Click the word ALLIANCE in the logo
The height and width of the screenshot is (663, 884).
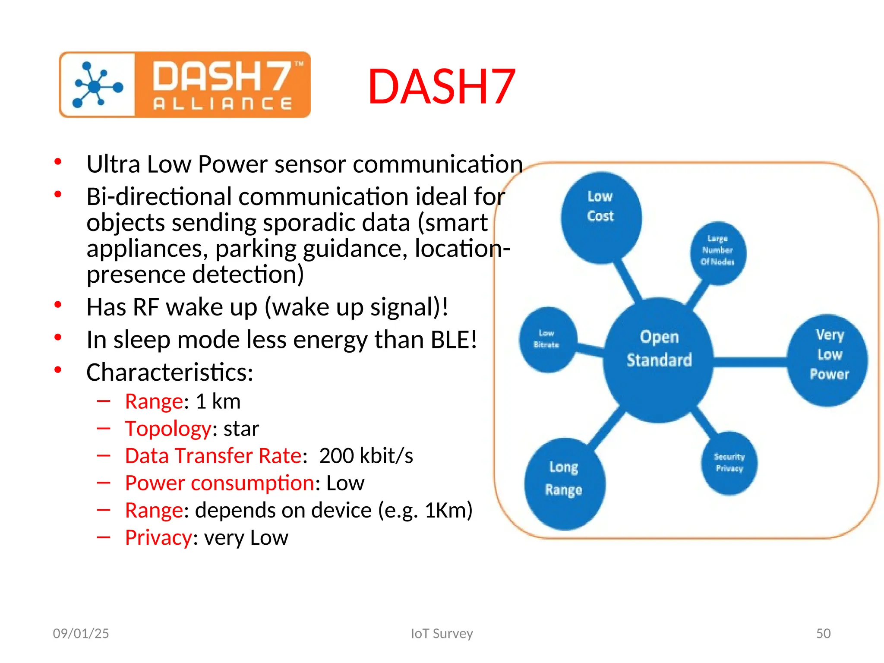point(223,104)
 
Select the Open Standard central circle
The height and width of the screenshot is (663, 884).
point(659,359)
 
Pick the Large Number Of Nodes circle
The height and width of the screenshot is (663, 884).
point(717,253)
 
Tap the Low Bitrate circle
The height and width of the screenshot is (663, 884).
point(546,340)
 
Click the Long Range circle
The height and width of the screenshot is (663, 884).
point(564,483)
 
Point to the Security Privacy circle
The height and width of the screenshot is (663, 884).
point(729,463)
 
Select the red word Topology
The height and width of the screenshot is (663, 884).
point(168,429)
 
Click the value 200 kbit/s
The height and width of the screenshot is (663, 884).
point(366,456)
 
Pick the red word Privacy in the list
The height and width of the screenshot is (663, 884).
point(158,538)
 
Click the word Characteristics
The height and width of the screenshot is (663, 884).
point(169,372)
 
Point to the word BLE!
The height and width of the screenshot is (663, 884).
point(454,340)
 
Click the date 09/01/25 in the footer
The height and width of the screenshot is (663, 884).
point(81,633)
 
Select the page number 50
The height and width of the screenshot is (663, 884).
point(823,633)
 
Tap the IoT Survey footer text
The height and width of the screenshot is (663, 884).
point(442,633)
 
